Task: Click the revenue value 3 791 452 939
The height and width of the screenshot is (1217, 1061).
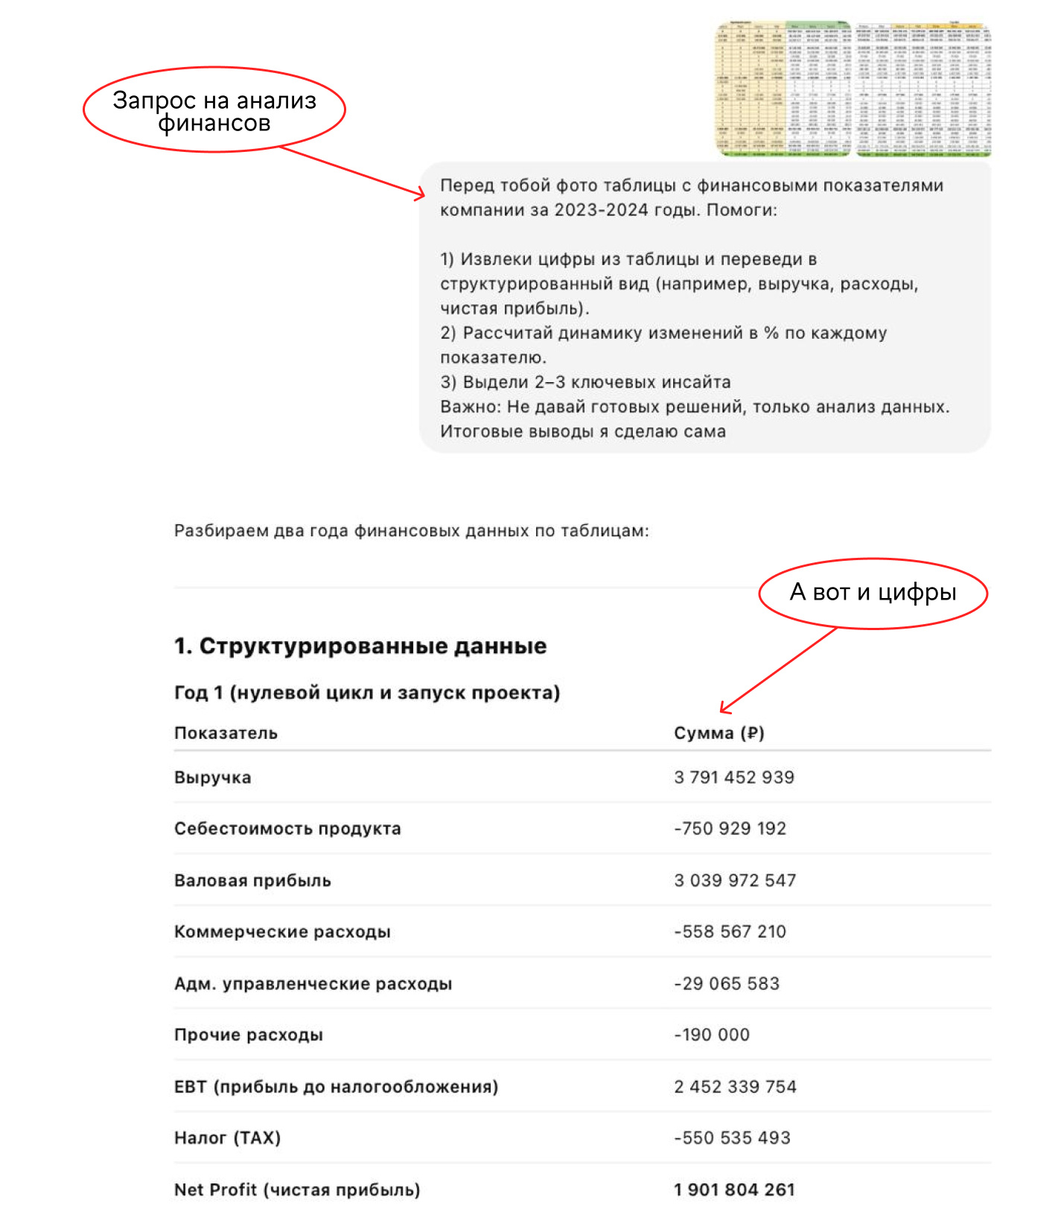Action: (x=733, y=778)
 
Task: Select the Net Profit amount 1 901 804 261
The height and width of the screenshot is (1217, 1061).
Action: (x=734, y=1189)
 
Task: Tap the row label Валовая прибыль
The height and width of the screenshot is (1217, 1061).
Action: (x=252, y=880)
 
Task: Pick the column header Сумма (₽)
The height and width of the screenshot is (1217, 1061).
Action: (x=719, y=733)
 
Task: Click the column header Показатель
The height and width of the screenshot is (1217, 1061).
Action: (x=226, y=733)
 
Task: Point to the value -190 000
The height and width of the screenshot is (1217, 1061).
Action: (x=712, y=1035)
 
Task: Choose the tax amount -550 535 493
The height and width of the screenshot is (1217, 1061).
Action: (x=732, y=1137)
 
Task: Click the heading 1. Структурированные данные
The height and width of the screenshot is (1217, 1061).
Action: (x=360, y=646)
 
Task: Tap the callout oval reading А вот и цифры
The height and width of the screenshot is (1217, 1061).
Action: (x=873, y=593)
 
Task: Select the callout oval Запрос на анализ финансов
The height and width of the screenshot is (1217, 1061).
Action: (x=214, y=110)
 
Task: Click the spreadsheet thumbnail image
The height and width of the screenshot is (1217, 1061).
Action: (x=853, y=89)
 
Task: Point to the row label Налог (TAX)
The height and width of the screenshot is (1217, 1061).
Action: (x=227, y=1137)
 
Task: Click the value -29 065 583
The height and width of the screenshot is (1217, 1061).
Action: (x=727, y=983)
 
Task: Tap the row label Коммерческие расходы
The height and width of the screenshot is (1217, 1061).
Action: (x=282, y=932)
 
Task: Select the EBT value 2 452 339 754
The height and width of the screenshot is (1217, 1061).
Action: (x=735, y=1087)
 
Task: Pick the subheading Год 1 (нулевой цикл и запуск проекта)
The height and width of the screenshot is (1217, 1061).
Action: (x=366, y=693)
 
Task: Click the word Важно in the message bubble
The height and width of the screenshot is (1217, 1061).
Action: (x=470, y=407)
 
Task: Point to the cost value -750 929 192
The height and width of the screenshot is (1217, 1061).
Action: (x=730, y=828)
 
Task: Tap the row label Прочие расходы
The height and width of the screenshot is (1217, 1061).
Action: (x=248, y=1035)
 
